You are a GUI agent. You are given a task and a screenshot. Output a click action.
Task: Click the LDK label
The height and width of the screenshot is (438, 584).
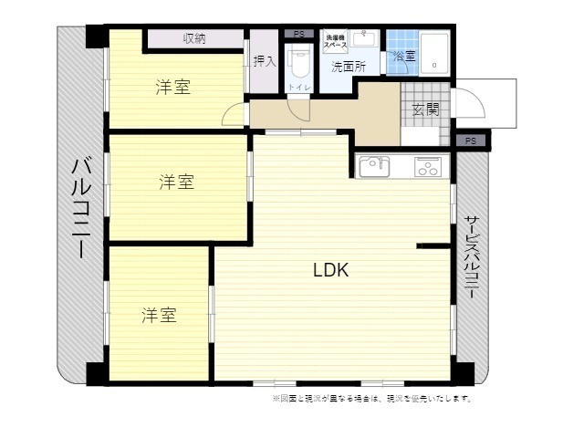point(331,270)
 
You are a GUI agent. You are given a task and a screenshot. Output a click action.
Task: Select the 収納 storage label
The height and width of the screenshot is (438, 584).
point(194,38)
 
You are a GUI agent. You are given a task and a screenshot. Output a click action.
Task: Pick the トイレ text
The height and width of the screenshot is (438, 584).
point(297,87)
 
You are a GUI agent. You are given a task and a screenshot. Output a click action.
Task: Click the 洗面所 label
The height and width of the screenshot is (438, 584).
point(348,67)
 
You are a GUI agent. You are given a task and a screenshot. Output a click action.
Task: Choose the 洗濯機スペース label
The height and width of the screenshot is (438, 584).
point(335,40)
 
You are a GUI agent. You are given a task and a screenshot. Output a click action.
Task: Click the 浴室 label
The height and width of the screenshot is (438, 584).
point(402,57)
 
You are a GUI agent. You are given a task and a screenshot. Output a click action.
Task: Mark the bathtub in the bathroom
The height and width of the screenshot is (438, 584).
point(434,56)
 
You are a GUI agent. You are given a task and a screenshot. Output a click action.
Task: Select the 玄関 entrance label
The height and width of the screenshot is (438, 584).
point(425,110)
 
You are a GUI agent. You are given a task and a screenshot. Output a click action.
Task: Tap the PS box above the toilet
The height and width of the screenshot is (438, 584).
point(298,35)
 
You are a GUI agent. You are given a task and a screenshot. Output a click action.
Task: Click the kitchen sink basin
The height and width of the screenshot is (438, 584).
point(374,167)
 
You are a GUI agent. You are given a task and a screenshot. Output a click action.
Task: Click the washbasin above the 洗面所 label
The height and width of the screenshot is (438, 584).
point(366,40)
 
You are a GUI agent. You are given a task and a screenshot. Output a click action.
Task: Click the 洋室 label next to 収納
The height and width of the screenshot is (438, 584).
point(172,88)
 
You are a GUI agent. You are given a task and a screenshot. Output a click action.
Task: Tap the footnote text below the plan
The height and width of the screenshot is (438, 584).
point(372,399)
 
